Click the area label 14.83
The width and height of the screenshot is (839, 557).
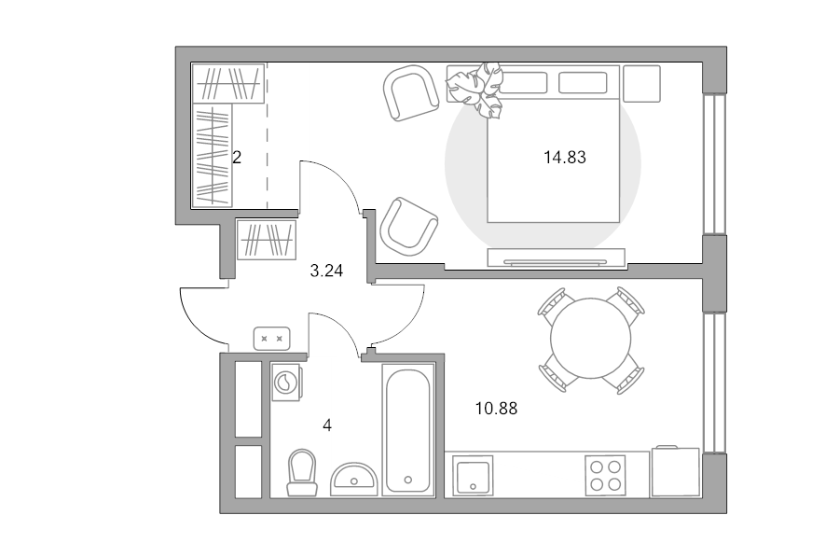[x=565, y=158]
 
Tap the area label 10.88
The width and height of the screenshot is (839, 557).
[x=496, y=409]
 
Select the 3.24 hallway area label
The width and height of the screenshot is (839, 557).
[x=326, y=271]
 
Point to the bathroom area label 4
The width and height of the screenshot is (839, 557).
[x=327, y=425]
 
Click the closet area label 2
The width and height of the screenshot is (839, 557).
[x=237, y=158]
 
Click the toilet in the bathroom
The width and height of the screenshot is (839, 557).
[x=302, y=472]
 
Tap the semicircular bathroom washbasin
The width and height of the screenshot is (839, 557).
[x=354, y=480]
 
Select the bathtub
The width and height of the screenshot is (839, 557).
[x=407, y=430]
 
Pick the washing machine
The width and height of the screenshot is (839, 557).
[x=286, y=382]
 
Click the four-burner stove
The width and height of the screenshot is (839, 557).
[x=605, y=476]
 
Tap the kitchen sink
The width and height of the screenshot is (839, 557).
[x=473, y=476]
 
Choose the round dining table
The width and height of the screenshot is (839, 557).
[x=591, y=338]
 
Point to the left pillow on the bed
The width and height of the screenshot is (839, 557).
[x=523, y=83]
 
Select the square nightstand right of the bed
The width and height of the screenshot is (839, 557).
[x=641, y=84]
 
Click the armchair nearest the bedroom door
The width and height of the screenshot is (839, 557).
[x=408, y=226]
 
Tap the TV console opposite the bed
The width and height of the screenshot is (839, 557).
[x=556, y=258]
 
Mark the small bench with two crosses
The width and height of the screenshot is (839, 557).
[x=272, y=339]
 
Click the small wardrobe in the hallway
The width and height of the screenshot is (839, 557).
[x=267, y=240]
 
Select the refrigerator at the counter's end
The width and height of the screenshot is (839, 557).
[x=676, y=471]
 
